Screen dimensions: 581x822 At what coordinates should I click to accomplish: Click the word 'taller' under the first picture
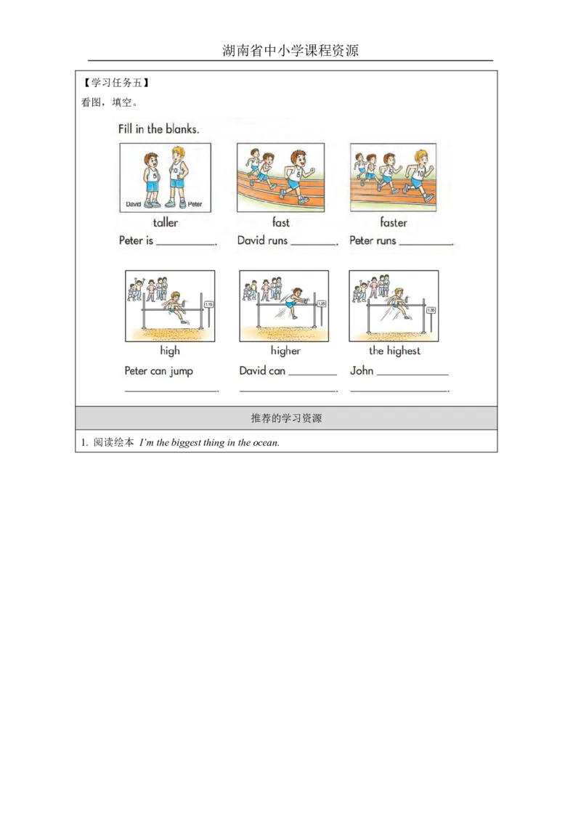[165, 222]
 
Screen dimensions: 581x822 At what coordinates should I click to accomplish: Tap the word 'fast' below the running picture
[280, 222]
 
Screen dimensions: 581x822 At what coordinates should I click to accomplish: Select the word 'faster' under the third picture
[394, 222]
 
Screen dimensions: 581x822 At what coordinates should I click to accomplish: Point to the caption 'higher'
[285, 351]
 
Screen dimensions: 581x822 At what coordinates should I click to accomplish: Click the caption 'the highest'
[394, 351]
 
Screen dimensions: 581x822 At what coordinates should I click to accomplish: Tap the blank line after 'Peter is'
[186, 245]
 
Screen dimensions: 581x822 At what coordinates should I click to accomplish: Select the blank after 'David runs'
[314, 245]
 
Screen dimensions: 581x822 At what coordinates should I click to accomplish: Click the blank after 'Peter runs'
[426, 245]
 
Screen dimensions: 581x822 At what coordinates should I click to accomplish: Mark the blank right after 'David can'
[312, 375]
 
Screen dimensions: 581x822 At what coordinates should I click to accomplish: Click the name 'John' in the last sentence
[362, 370]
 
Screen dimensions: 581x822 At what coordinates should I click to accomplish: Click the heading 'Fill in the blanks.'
[158, 129]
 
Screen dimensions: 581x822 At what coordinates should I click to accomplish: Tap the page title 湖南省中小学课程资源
[290, 50]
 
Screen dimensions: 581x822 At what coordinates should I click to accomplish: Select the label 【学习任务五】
[116, 82]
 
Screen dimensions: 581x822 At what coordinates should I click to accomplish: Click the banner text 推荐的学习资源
[286, 418]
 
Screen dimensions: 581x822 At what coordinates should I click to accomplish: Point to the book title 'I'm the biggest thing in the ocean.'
[209, 442]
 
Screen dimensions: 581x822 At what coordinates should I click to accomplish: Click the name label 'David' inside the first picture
[133, 204]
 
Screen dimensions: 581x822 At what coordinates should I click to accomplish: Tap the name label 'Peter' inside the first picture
[195, 204]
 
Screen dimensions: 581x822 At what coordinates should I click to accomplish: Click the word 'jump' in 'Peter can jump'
[182, 371]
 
